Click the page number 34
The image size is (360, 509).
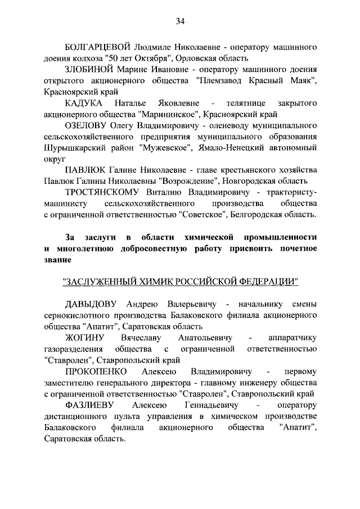[180, 21]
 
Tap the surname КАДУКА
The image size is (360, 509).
[83, 103]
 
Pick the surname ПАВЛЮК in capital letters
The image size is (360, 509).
[85, 170]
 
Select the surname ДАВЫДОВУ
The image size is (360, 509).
[92, 304]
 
